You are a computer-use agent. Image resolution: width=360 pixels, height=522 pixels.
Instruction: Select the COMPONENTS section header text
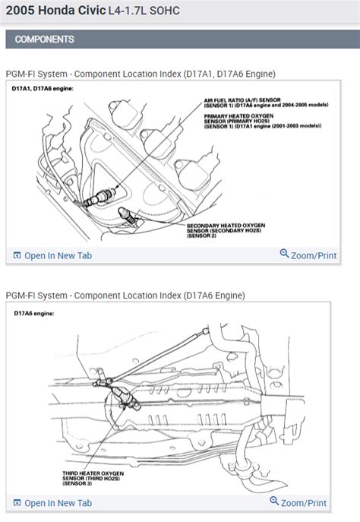pyautogui.click(x=45, y=39)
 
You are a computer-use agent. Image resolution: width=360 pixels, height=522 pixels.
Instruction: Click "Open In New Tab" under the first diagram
pyautogui.click(x=58, y=255)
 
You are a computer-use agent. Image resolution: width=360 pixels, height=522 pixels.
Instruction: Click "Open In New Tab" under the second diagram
pyautogui.click(x=58, y=503)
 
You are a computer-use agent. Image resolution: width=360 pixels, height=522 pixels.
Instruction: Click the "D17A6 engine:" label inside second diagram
pyautogui.click(x=34, y=312)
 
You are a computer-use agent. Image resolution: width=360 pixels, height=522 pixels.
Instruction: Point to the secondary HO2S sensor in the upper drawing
pyautogui.click(x=134, y=217)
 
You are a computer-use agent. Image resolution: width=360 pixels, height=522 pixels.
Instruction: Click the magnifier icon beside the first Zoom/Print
pyautogui.click(x=284, y=255)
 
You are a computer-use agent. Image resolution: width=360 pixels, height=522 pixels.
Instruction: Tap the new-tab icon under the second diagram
pyautogui.click(x=17, y=503)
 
